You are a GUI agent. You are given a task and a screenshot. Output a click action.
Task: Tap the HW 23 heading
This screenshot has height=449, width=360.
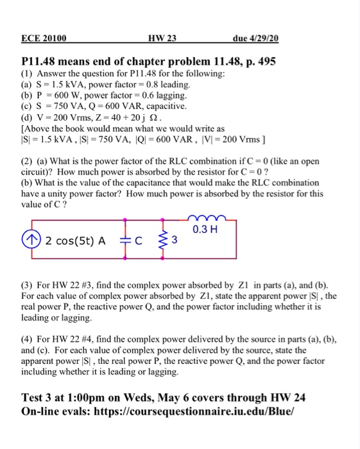click(162, 38)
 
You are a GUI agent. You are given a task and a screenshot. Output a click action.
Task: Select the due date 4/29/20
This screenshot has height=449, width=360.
click(256, 38)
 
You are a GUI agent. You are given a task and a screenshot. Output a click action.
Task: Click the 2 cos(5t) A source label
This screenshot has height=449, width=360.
click(75, 241)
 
